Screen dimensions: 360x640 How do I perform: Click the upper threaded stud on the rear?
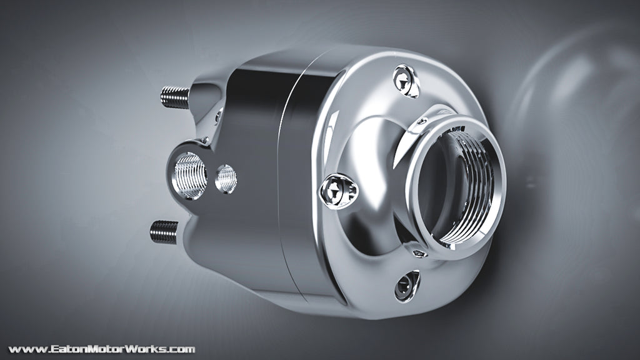click(x=174, y=97)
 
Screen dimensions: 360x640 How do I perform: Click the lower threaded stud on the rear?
click(x=164, y=232)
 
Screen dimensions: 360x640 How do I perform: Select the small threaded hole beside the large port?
click(x=226, y=178)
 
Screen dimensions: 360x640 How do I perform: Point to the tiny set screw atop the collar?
click(x=422, y=121)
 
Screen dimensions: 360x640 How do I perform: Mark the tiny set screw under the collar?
click(x=419, y=252)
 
